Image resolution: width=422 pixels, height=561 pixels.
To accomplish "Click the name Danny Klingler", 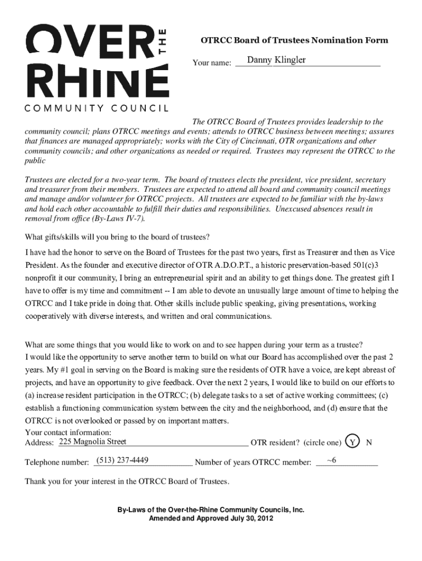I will click(276, 60).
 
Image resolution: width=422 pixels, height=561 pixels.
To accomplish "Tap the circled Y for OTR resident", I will click(354, 442).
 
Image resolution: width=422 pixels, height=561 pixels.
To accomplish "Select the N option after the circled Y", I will click(369, 442).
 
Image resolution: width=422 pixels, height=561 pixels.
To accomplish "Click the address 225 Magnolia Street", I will click(93, 442).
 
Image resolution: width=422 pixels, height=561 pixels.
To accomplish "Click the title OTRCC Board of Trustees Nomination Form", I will click(294, 40).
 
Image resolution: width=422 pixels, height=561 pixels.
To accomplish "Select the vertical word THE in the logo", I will click(161, 43).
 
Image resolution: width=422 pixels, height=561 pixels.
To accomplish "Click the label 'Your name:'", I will click(212, 64).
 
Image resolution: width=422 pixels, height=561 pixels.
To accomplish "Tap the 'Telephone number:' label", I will click(58, 463).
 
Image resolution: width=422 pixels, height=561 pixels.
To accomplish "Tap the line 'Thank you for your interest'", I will click(128, 482).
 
